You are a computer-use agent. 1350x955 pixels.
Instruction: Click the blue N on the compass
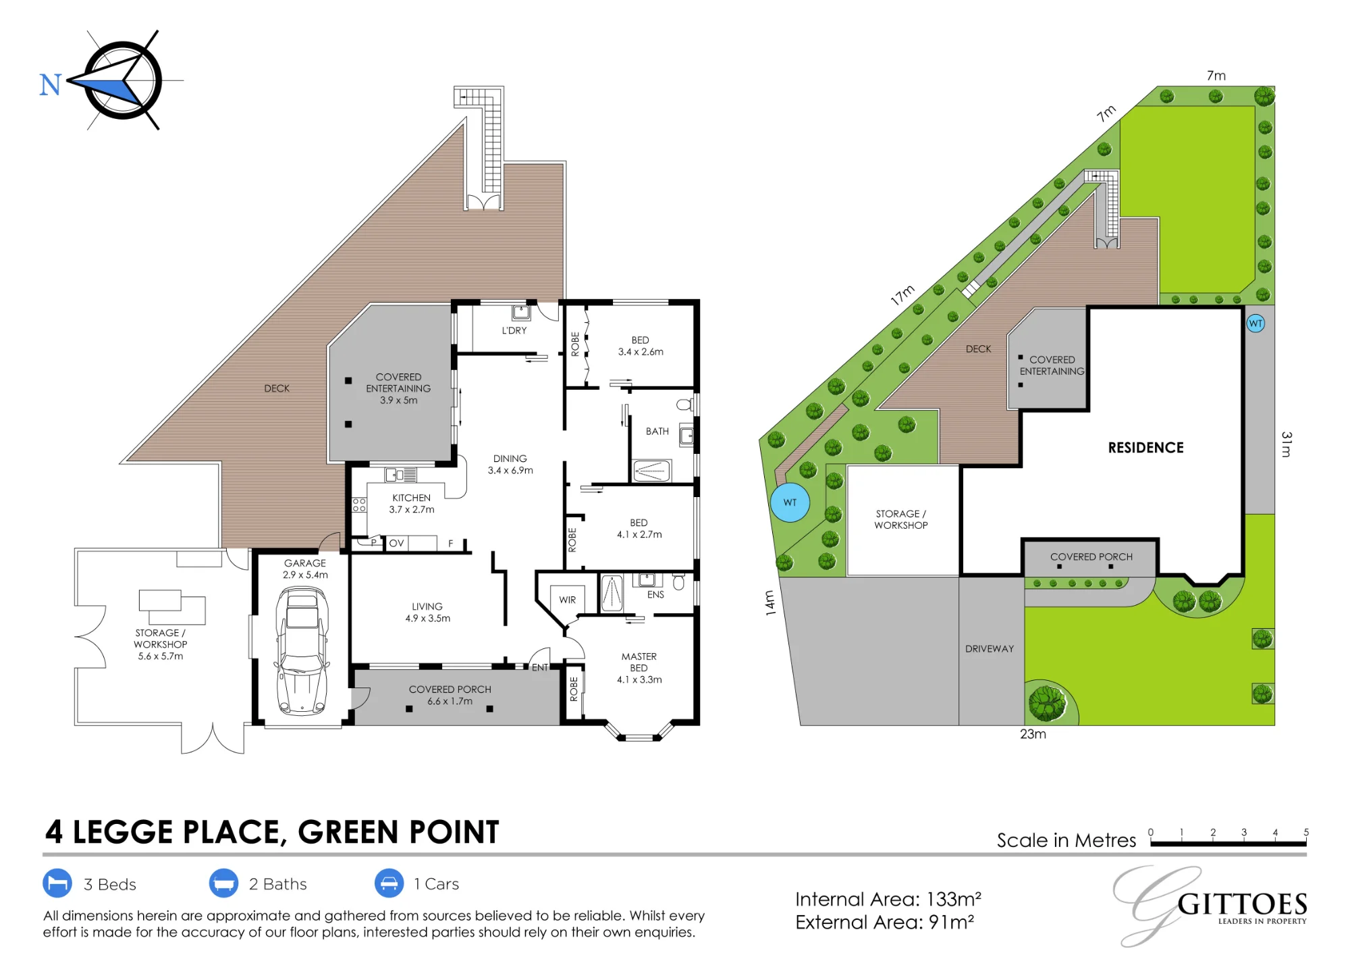51,85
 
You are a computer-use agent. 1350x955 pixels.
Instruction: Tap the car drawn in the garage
302,651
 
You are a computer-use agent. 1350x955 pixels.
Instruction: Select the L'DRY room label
514,330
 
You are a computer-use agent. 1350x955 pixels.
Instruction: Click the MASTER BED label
639,662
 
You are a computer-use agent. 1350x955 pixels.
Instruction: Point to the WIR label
568,600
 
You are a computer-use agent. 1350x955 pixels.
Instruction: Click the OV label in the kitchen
397,543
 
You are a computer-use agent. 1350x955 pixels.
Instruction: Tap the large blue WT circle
790,502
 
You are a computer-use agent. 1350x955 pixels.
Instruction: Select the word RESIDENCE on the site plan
1145,448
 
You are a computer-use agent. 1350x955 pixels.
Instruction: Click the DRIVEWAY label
990,648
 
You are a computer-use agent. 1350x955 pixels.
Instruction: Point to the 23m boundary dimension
1033,733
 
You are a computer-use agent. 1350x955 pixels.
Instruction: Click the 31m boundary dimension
1287,444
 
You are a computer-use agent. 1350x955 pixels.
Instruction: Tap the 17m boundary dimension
902,295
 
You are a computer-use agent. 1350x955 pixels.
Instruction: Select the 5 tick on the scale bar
1306,832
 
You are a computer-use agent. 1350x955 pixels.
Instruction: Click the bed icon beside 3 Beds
57,883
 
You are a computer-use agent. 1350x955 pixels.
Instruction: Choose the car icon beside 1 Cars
389,883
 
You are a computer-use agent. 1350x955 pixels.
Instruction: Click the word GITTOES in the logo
1243,904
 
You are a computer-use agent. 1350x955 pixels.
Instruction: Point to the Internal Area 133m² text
888,900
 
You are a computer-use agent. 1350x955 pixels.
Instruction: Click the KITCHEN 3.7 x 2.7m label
412,504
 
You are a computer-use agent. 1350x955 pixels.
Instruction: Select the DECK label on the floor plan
277,388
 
